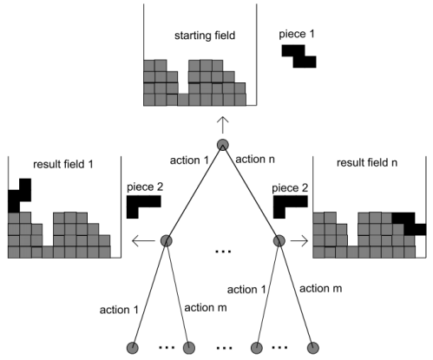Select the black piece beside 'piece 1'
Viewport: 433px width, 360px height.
[x=299, y=56]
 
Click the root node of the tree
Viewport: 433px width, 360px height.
[x=223, y=145]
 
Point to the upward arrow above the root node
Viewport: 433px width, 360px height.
[x=223, y=122]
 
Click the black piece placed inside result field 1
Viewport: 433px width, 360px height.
[x=19, y=196]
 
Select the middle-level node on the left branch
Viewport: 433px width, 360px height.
[x=166, y=241]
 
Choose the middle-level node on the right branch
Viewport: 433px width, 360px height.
[x=279, y=241]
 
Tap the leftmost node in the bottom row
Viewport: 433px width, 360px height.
[x=133, y=348]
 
